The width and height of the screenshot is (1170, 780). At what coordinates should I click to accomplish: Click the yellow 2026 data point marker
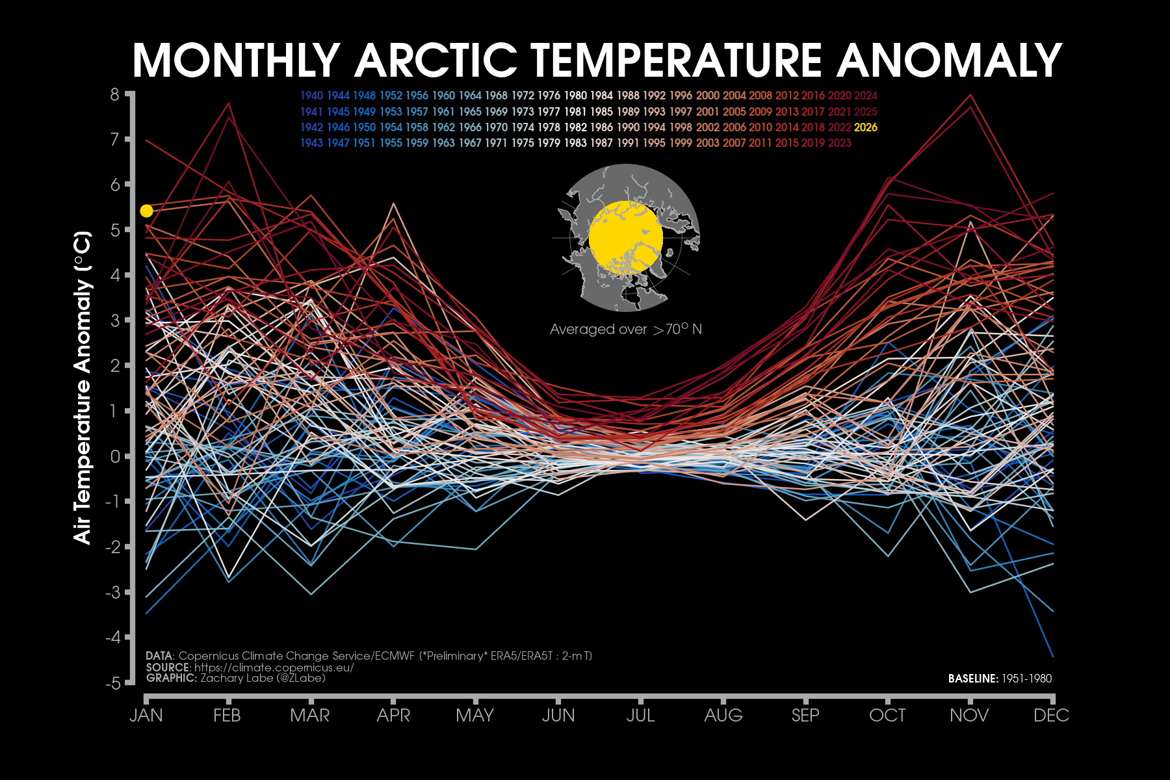click(x=146, y=211)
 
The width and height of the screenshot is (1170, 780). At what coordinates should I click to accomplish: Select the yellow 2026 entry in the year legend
click(x=866, y=127)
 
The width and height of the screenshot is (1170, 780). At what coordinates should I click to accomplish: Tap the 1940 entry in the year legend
click(x=311, y=96)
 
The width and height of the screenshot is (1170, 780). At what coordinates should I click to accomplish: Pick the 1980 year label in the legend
click(x=575, y=96)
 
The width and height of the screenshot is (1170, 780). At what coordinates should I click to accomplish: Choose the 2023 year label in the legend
click(x=839, y=143)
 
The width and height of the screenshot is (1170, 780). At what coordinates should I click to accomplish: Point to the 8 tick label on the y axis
click(x=115, y=95)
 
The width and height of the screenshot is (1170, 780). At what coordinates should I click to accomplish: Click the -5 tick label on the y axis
click(x=112, y=683)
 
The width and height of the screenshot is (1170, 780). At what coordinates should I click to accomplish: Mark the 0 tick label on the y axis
click(x=115, y=456)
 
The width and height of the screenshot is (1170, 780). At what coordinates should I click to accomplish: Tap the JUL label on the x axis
click(x=640, y=716)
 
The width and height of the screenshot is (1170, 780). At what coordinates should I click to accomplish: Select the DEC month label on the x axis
click(x=1051, y=716)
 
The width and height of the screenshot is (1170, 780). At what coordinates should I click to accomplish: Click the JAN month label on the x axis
click(x=146, y=716)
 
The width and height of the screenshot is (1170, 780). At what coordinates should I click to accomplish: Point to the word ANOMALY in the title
click(x=950, y=60)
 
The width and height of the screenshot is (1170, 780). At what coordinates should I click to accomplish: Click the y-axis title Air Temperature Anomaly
click(x=83, y=387)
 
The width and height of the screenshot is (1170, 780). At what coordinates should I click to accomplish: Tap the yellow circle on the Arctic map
click(x=625, y=237)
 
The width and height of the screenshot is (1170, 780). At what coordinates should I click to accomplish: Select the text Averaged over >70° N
click(x=625, y=330)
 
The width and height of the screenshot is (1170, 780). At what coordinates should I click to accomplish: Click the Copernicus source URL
click(x=274, y=668)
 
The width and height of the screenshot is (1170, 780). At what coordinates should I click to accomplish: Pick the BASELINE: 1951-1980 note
click(x=1000, y=679)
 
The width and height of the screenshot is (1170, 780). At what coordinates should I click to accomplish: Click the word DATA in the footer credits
click(x=159, y=656)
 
